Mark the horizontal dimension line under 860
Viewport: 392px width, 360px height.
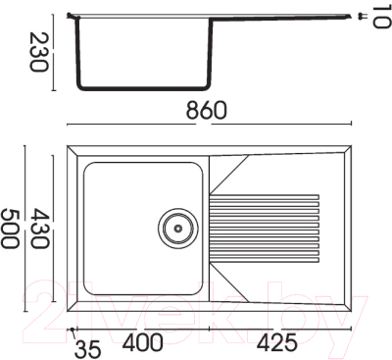[x=208, y=124]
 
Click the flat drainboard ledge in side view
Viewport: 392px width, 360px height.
[x=284, y=15]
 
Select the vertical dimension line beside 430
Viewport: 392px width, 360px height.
[x=55, y=227]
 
